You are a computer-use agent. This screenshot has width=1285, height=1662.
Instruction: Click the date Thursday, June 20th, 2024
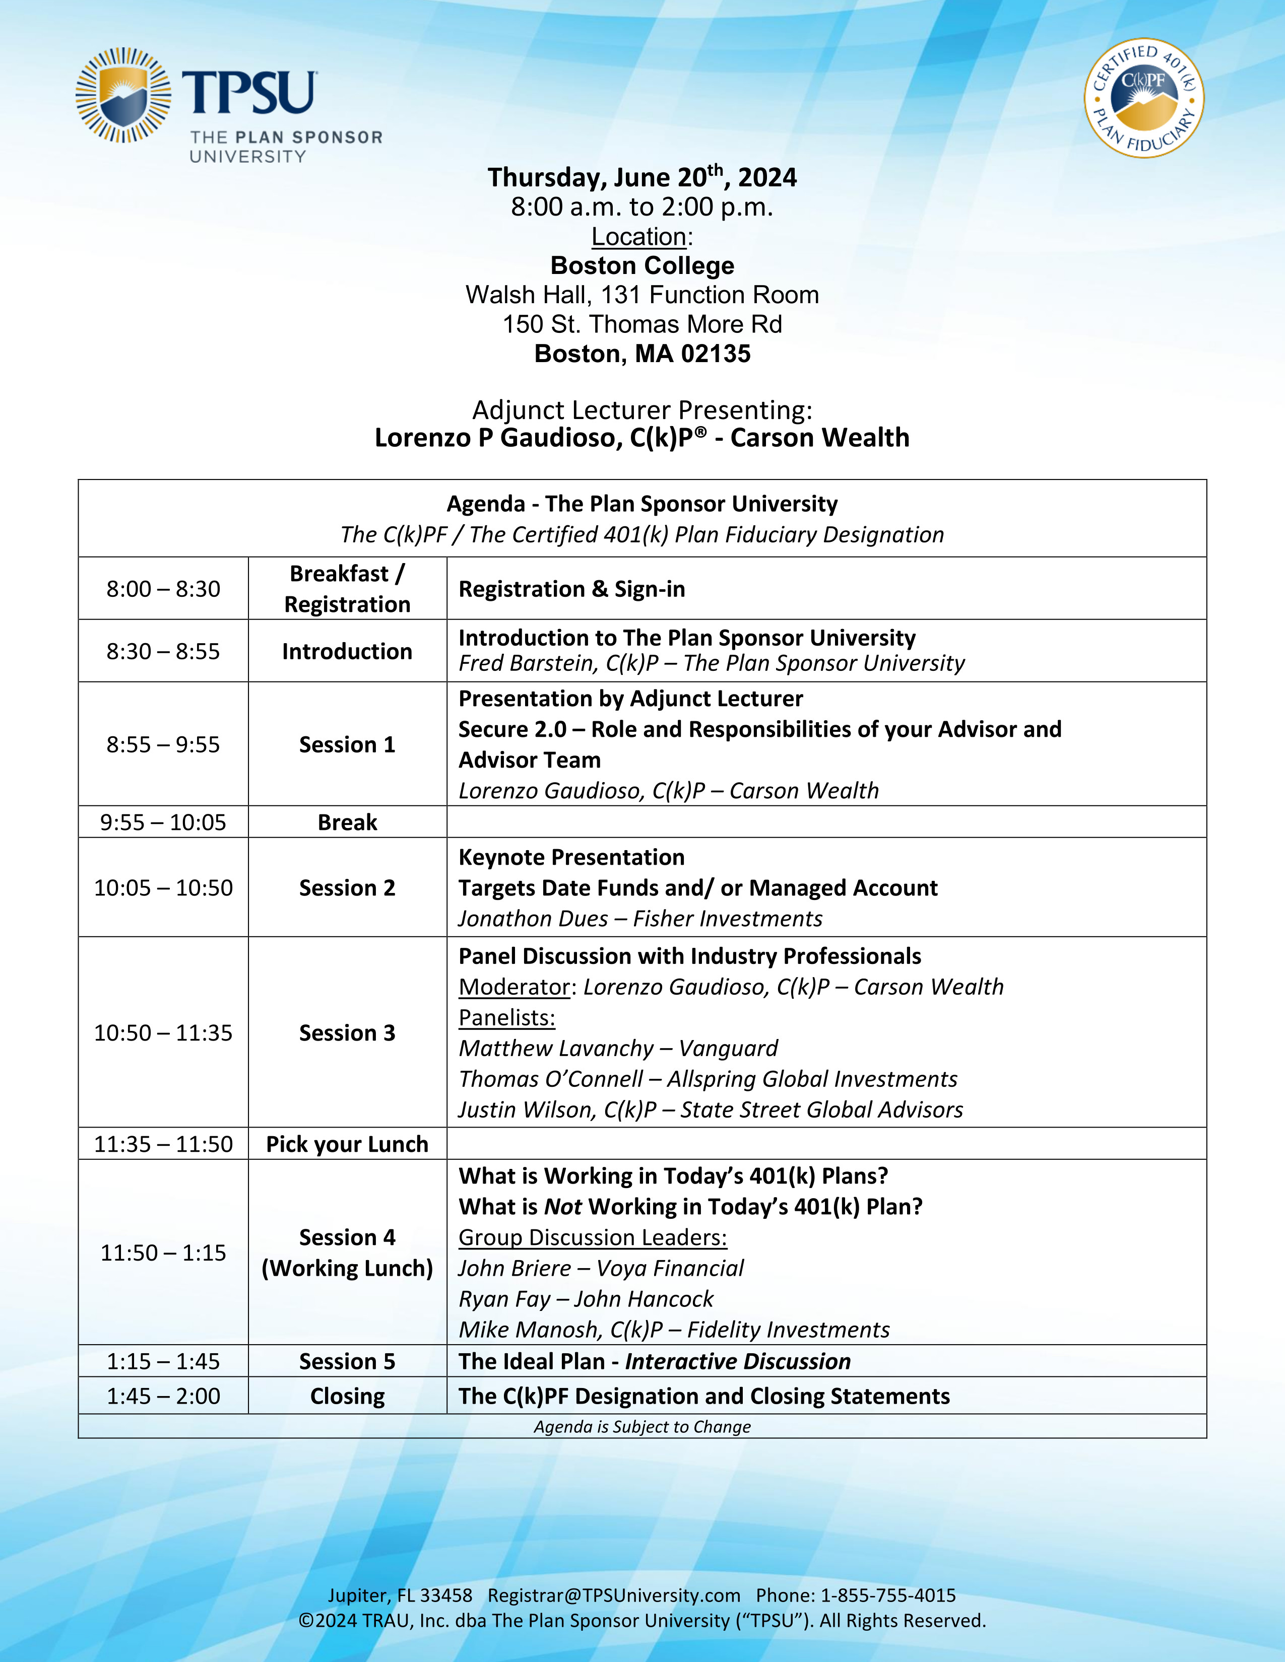(641, 177)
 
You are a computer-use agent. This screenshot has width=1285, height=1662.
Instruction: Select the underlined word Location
(638, 237)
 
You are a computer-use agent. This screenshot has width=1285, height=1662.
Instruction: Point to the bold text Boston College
(641, 265)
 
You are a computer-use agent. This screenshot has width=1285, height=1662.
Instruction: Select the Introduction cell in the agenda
(347, 651)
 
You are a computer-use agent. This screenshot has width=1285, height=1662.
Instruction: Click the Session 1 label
(347, 744)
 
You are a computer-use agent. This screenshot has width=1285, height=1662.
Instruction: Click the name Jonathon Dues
(533, 919)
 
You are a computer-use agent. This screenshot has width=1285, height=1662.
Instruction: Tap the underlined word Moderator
(515, 987)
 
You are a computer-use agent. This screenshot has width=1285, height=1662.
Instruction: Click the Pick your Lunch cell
(347, 1145)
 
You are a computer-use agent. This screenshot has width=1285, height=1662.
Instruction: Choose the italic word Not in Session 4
(562, 1207)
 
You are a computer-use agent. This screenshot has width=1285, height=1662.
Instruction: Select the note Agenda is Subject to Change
(641, 1427)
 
